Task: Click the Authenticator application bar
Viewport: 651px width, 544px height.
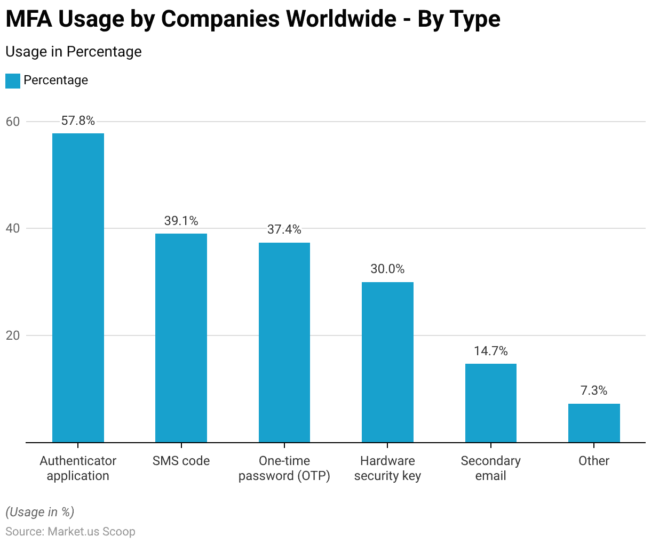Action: click(x=78, y=288)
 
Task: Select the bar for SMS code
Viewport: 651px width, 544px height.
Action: click(x=181, y=338)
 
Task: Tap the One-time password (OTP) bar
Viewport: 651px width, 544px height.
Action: click(x=284, y=342)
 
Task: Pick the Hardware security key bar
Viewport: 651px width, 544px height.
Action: click(x=387, y=362)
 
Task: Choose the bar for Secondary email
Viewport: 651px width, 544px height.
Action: click(x=491, y=403)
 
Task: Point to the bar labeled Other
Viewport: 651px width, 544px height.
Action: click(x=594, y=423)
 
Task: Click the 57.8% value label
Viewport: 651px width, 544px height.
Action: click(x=78, y=121)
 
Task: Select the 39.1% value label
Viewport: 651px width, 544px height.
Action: click(x=181, y=221)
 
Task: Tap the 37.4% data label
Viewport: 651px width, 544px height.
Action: click(x=284, y=230)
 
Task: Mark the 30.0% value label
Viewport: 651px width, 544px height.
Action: click(x=387, y=269)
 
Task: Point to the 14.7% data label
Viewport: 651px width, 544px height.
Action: click(x=491, y=351)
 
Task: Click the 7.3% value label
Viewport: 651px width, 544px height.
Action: click(x=594, y=391)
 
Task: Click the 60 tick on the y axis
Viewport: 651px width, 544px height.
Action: click(x=13, y=122)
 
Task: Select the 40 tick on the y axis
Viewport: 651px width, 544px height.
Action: click(x=13, y=228)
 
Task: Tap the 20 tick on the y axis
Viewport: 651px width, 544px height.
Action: click(x=13, y=335)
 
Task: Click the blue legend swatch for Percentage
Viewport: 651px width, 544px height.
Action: click(x=13, y=81)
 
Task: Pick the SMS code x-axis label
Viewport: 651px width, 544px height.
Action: click(x=181, y=461)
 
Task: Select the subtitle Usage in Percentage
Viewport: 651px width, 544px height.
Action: click(x=74, y=52)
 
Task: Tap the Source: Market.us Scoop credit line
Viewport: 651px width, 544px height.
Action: click(x=70, y=532)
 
